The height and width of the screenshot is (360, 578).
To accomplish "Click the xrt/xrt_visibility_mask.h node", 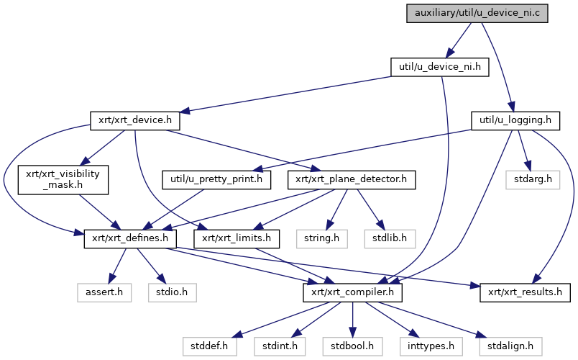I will [63, 180].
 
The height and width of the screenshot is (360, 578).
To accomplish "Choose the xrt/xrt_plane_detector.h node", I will [352, 179].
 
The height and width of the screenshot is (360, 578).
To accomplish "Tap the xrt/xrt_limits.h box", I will [236, 238].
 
